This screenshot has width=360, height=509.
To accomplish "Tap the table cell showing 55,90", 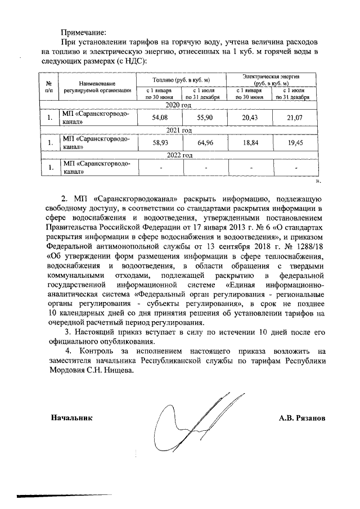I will (204, 118).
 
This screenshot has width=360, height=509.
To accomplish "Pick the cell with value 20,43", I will (249, 118).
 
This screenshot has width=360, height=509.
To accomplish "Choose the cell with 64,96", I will (204, 143).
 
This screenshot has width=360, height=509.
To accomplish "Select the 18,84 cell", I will (249, 143).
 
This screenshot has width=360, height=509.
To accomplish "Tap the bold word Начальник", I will (71, 418).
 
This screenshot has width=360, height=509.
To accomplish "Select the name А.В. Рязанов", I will (301, 418).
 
